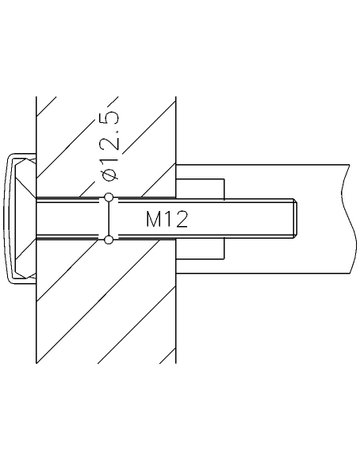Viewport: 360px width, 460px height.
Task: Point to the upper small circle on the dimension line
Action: [108, 200]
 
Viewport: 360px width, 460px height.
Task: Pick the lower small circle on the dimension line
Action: [108, 239]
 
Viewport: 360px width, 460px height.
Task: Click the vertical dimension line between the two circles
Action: [108, 220]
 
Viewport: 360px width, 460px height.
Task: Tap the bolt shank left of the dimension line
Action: [70, 220]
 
